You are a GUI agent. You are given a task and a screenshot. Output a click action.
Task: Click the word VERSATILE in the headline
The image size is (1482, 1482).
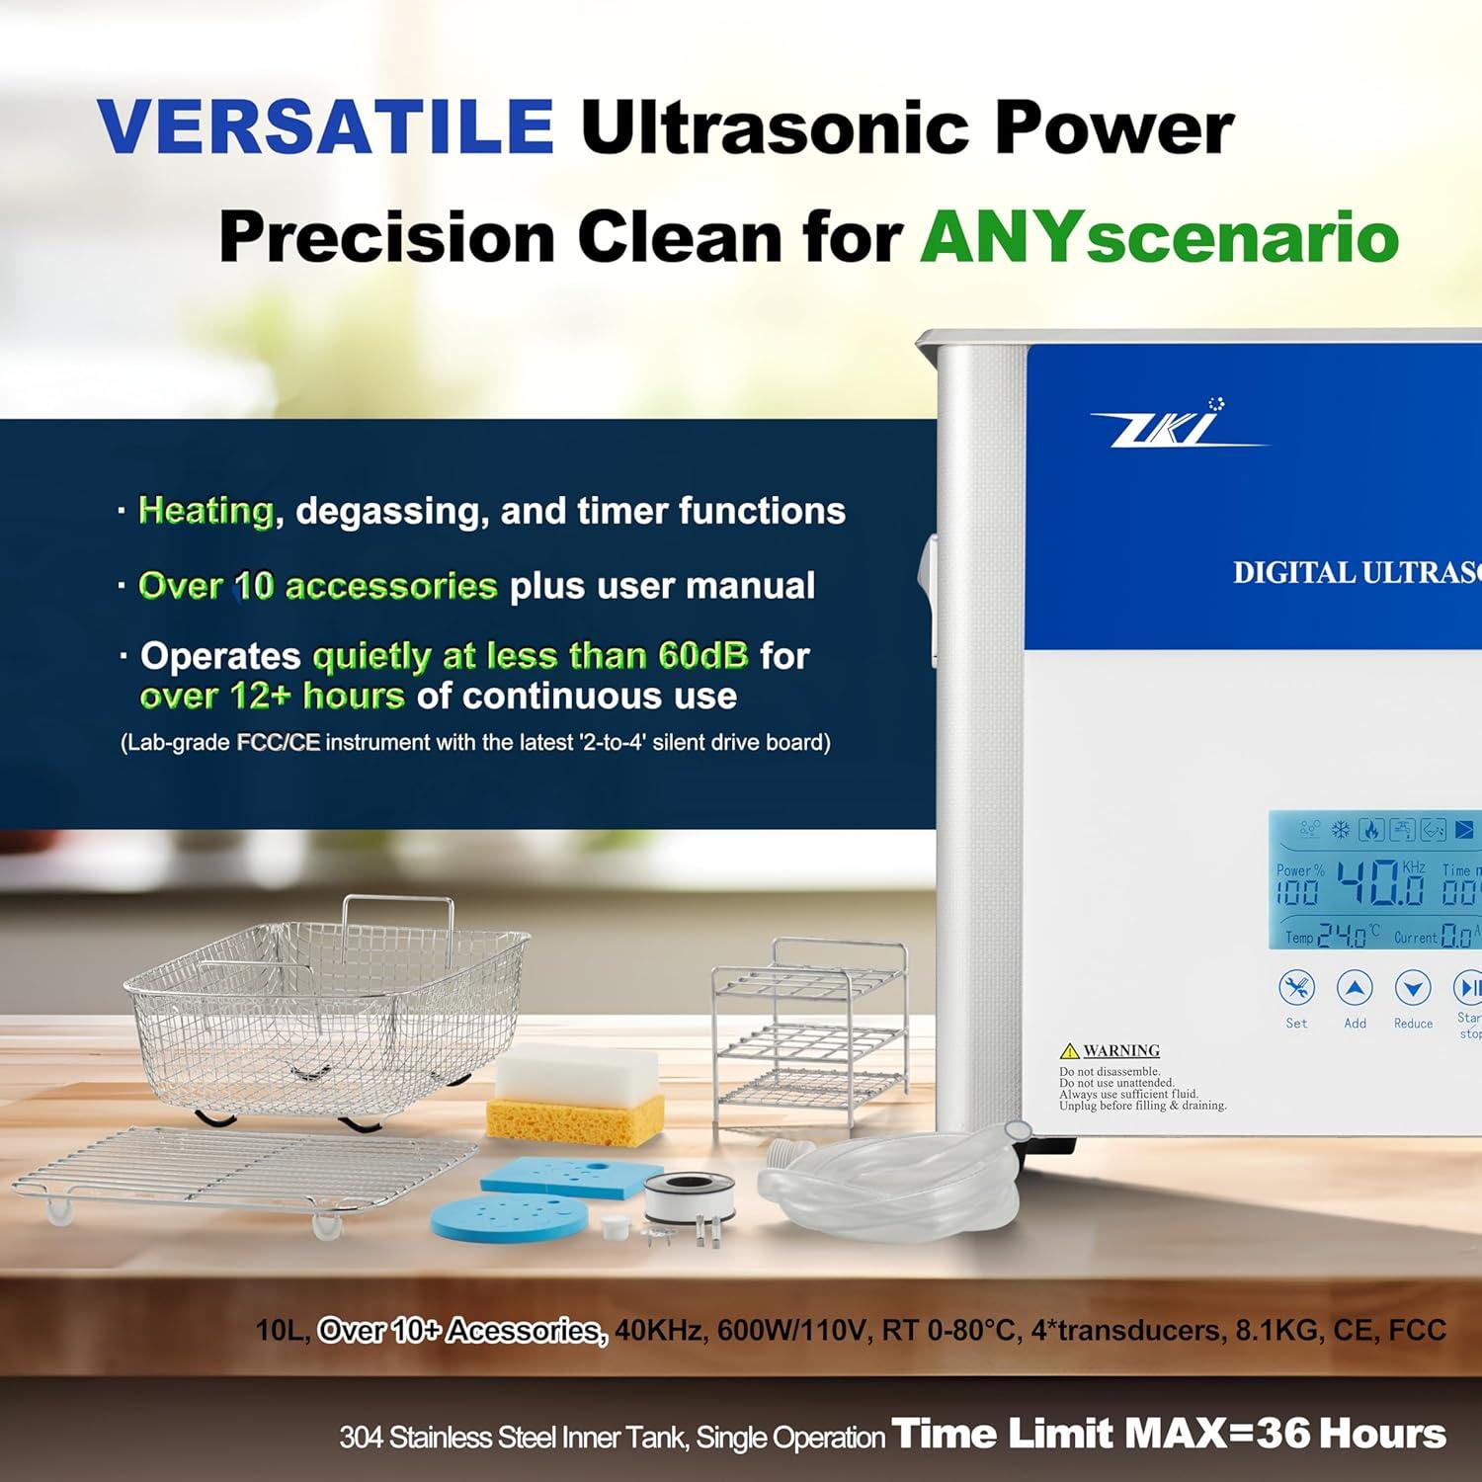click(x=325, y=125)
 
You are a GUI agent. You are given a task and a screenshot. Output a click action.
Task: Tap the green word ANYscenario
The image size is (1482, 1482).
click(x=1159, y=238)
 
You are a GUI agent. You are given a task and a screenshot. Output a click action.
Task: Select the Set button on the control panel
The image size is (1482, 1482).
click(x=1296, y=987)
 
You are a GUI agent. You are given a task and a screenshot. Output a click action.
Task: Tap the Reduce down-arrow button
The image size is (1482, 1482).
click(x=1413, y=987)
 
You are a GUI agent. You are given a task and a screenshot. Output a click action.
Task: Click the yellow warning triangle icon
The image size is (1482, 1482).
click(x=1069, y=1050)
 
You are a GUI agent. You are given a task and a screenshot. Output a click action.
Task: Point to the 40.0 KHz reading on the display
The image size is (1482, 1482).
click(x=1380, y=881)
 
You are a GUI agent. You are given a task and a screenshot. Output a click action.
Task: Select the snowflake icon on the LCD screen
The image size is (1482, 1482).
click(x=1340, y=830)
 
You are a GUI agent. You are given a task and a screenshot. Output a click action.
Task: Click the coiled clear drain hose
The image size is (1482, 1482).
click(x=889, y=1181)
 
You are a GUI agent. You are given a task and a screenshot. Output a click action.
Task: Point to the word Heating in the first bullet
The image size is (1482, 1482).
click(x=206, y=510)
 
